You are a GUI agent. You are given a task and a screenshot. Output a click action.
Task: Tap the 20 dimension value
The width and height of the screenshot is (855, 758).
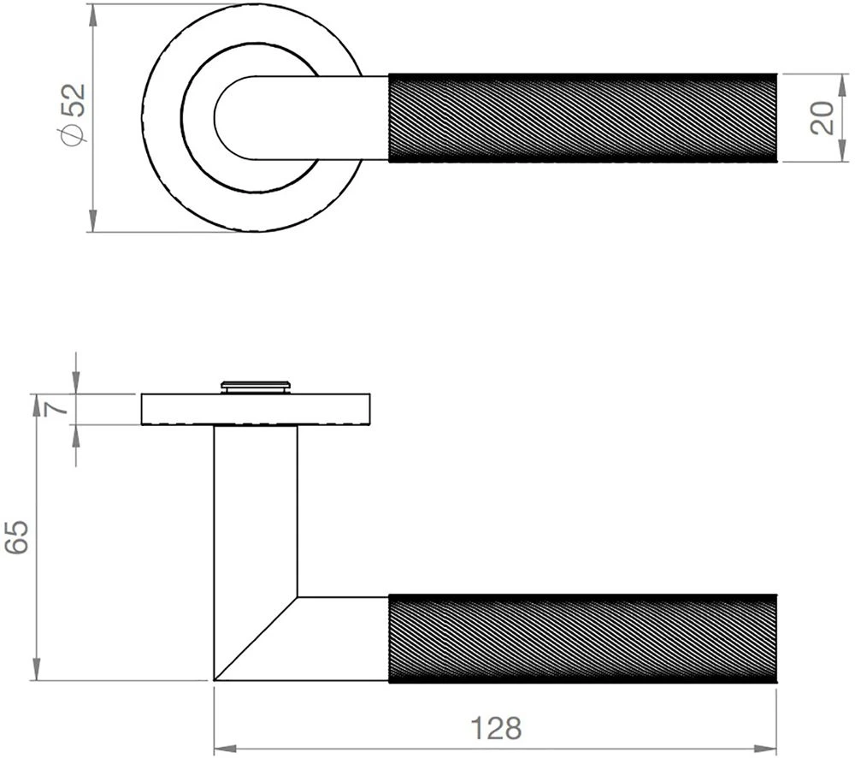pos(821,118)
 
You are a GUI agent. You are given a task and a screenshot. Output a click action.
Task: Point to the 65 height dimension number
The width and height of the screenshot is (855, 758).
pos(20,536)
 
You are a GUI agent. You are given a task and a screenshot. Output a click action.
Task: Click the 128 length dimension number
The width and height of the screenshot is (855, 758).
pos(496,729)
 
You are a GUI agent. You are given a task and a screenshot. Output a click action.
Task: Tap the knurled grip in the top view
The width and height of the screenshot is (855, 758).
pos(583,118)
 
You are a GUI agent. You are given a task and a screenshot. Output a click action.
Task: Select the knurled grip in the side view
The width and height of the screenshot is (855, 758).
pos(583,637)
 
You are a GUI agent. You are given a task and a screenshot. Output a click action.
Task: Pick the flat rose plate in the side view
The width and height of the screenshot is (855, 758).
pos(255,409)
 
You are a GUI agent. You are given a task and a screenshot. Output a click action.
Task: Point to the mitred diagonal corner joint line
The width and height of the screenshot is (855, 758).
pos(256,637)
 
